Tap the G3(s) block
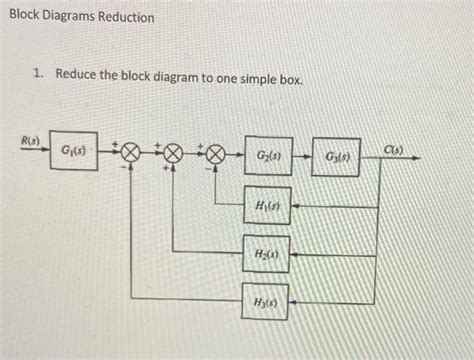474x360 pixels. [338, 158]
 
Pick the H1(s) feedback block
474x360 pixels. [266, 206]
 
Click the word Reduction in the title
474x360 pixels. [124, 18]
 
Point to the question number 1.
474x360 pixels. [37, 75]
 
